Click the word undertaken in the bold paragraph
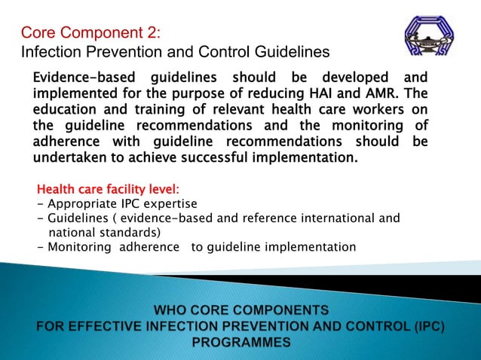pos(72,158)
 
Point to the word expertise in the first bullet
pos(171,204)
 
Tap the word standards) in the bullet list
pos(132,232)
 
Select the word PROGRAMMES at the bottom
pos(241,342)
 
